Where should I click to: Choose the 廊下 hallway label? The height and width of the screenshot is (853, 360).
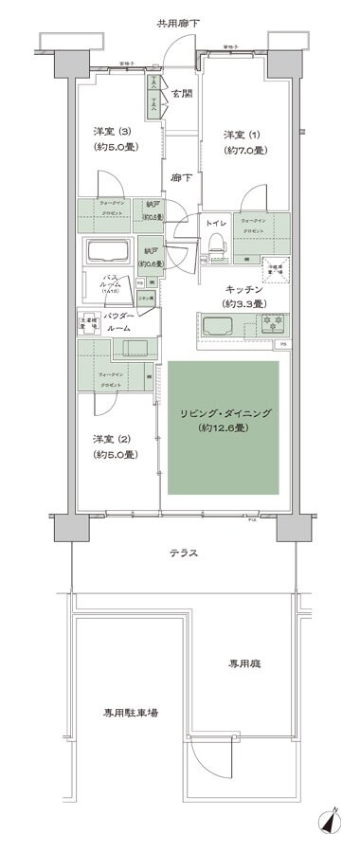[x=179, y=177]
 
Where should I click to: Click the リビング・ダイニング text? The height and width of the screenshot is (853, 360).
[x=225, y=412]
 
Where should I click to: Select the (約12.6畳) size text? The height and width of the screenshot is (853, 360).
[x=225, y=429]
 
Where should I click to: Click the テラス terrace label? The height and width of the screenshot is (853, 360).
[x=184, y=554]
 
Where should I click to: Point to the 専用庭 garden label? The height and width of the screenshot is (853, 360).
[x=264, y=662]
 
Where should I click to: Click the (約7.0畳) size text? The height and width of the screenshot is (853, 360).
[x=243, y=151]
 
